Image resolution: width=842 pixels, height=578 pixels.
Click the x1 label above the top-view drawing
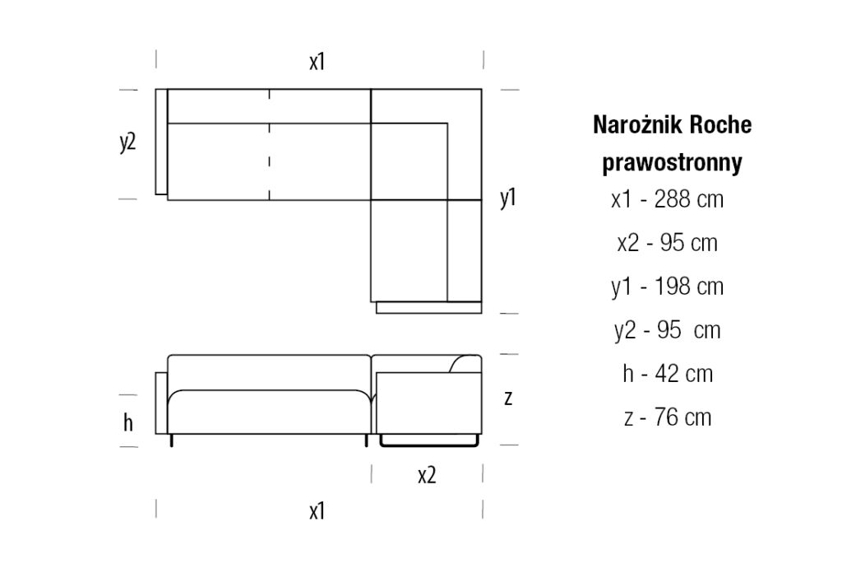tap(317, 62)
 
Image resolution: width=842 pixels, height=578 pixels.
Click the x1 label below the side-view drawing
tap(317, 510)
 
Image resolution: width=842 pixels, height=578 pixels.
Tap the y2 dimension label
tap(127, 142)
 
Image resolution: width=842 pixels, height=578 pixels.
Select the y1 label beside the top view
tap(508, 198)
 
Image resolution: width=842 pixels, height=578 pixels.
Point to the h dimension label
tap(127, 422)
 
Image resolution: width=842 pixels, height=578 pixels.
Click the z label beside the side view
tap(508, 399)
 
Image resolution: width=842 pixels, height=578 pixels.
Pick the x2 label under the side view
tap(427, 475)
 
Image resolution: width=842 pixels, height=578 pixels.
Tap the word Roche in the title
tap(720, 125)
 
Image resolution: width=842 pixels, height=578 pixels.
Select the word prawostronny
tap(672, 162)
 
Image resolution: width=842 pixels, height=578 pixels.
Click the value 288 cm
tap(689, 199)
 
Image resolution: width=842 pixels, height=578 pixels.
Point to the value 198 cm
tap(689, 287)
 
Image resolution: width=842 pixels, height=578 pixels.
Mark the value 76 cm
tap(682, 417)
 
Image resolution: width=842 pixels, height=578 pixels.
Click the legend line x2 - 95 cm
tap(668, 243)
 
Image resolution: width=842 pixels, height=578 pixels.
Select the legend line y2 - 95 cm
tap(668, 330)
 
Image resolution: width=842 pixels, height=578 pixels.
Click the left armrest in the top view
tap(161, 142)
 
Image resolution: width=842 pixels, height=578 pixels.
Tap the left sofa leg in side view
tap(171, 440)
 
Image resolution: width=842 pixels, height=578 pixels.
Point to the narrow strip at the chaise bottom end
tap(428, 308)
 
